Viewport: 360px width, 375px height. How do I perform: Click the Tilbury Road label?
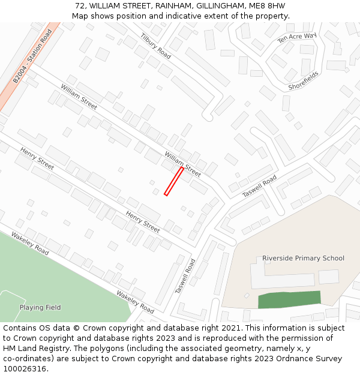tap(156, 46)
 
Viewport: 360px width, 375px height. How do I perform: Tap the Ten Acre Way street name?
tap(296, 38)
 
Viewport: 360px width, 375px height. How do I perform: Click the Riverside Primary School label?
tap(303, 258)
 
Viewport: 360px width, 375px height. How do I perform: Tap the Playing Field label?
tap(40, 307)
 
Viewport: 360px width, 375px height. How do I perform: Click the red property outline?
tap(174, 181)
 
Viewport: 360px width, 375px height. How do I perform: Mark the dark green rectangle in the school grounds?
tap(289, 299)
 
